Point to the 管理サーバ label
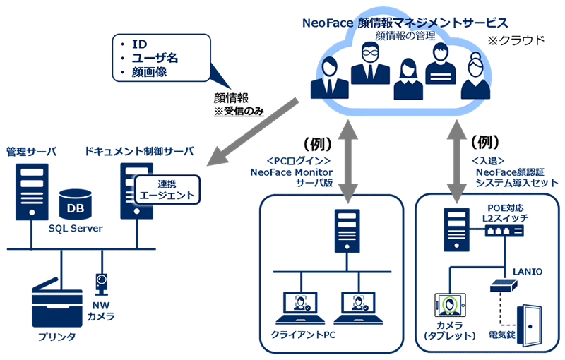pyautogui.click(x=31, y=152)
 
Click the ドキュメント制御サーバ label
pyautogui.click(x=139, y=152)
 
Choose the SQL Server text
pyautogui.click(x=76, y=228)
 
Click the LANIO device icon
pyautogui.click(x=504, y=285)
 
